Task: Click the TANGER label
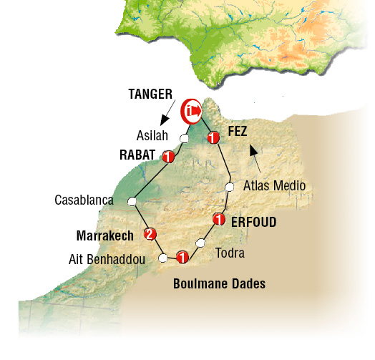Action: [x=152, y=94]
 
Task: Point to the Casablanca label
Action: [x=84, y=200]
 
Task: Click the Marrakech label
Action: [x=107, y=234]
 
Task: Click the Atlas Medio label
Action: [x=275, y=186]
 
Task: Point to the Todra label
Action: [x=230, y=254]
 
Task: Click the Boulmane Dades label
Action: [x=219, y=283]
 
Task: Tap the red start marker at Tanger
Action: [x=190, y=110]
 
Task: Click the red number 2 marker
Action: [x=150, y=234]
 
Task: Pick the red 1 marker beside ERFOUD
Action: [x=219, y=220]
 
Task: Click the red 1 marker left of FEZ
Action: [x=213, y=138]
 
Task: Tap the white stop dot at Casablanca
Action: [x=132, y=203]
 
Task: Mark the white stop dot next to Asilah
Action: [x=184, y=138]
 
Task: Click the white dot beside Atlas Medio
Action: [x=230, y=188]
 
